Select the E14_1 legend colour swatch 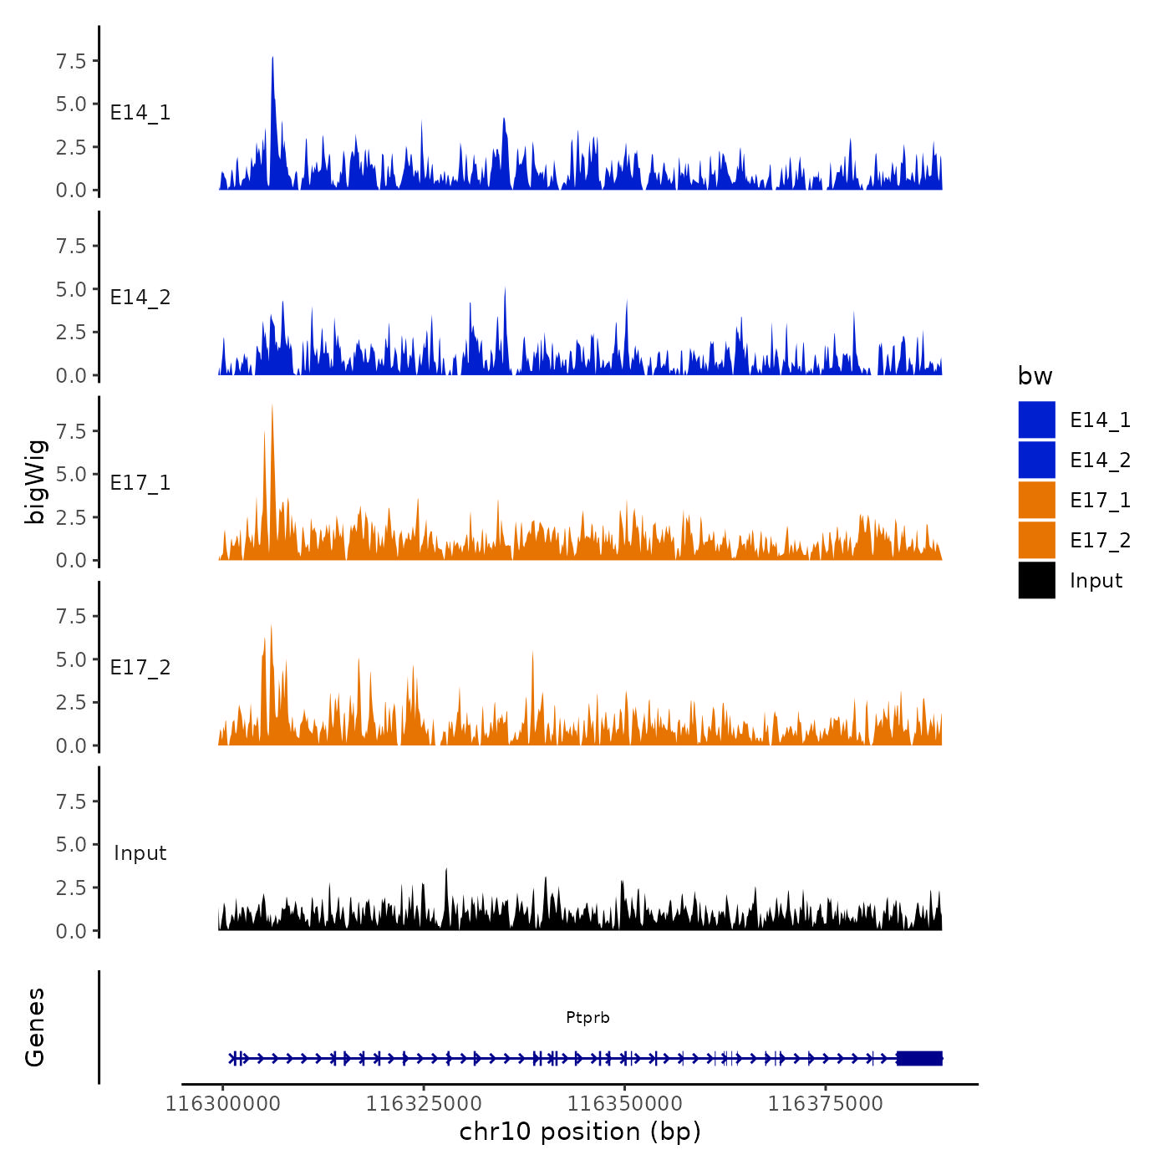click(1036, 420)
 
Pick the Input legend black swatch click(1036, 580)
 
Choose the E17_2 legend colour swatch click(1036, 540)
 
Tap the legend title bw click(1035, 377)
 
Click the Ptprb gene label click(588, 1018)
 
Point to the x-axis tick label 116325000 click(423, 1104)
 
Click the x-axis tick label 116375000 click(825, 1104)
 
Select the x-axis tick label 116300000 click(222, 1104)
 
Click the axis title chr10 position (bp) click(580, 1132)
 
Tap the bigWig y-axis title click(35, 481)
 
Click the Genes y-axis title click(35, 1027)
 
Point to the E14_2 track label click(140, 298)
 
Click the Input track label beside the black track click(140, 853)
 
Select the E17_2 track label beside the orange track click(140, 668)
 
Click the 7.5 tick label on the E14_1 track click(71, 61)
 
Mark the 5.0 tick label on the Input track click(71, 845)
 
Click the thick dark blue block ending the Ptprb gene click(919, 1058)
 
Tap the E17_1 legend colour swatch click(1036, 500)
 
